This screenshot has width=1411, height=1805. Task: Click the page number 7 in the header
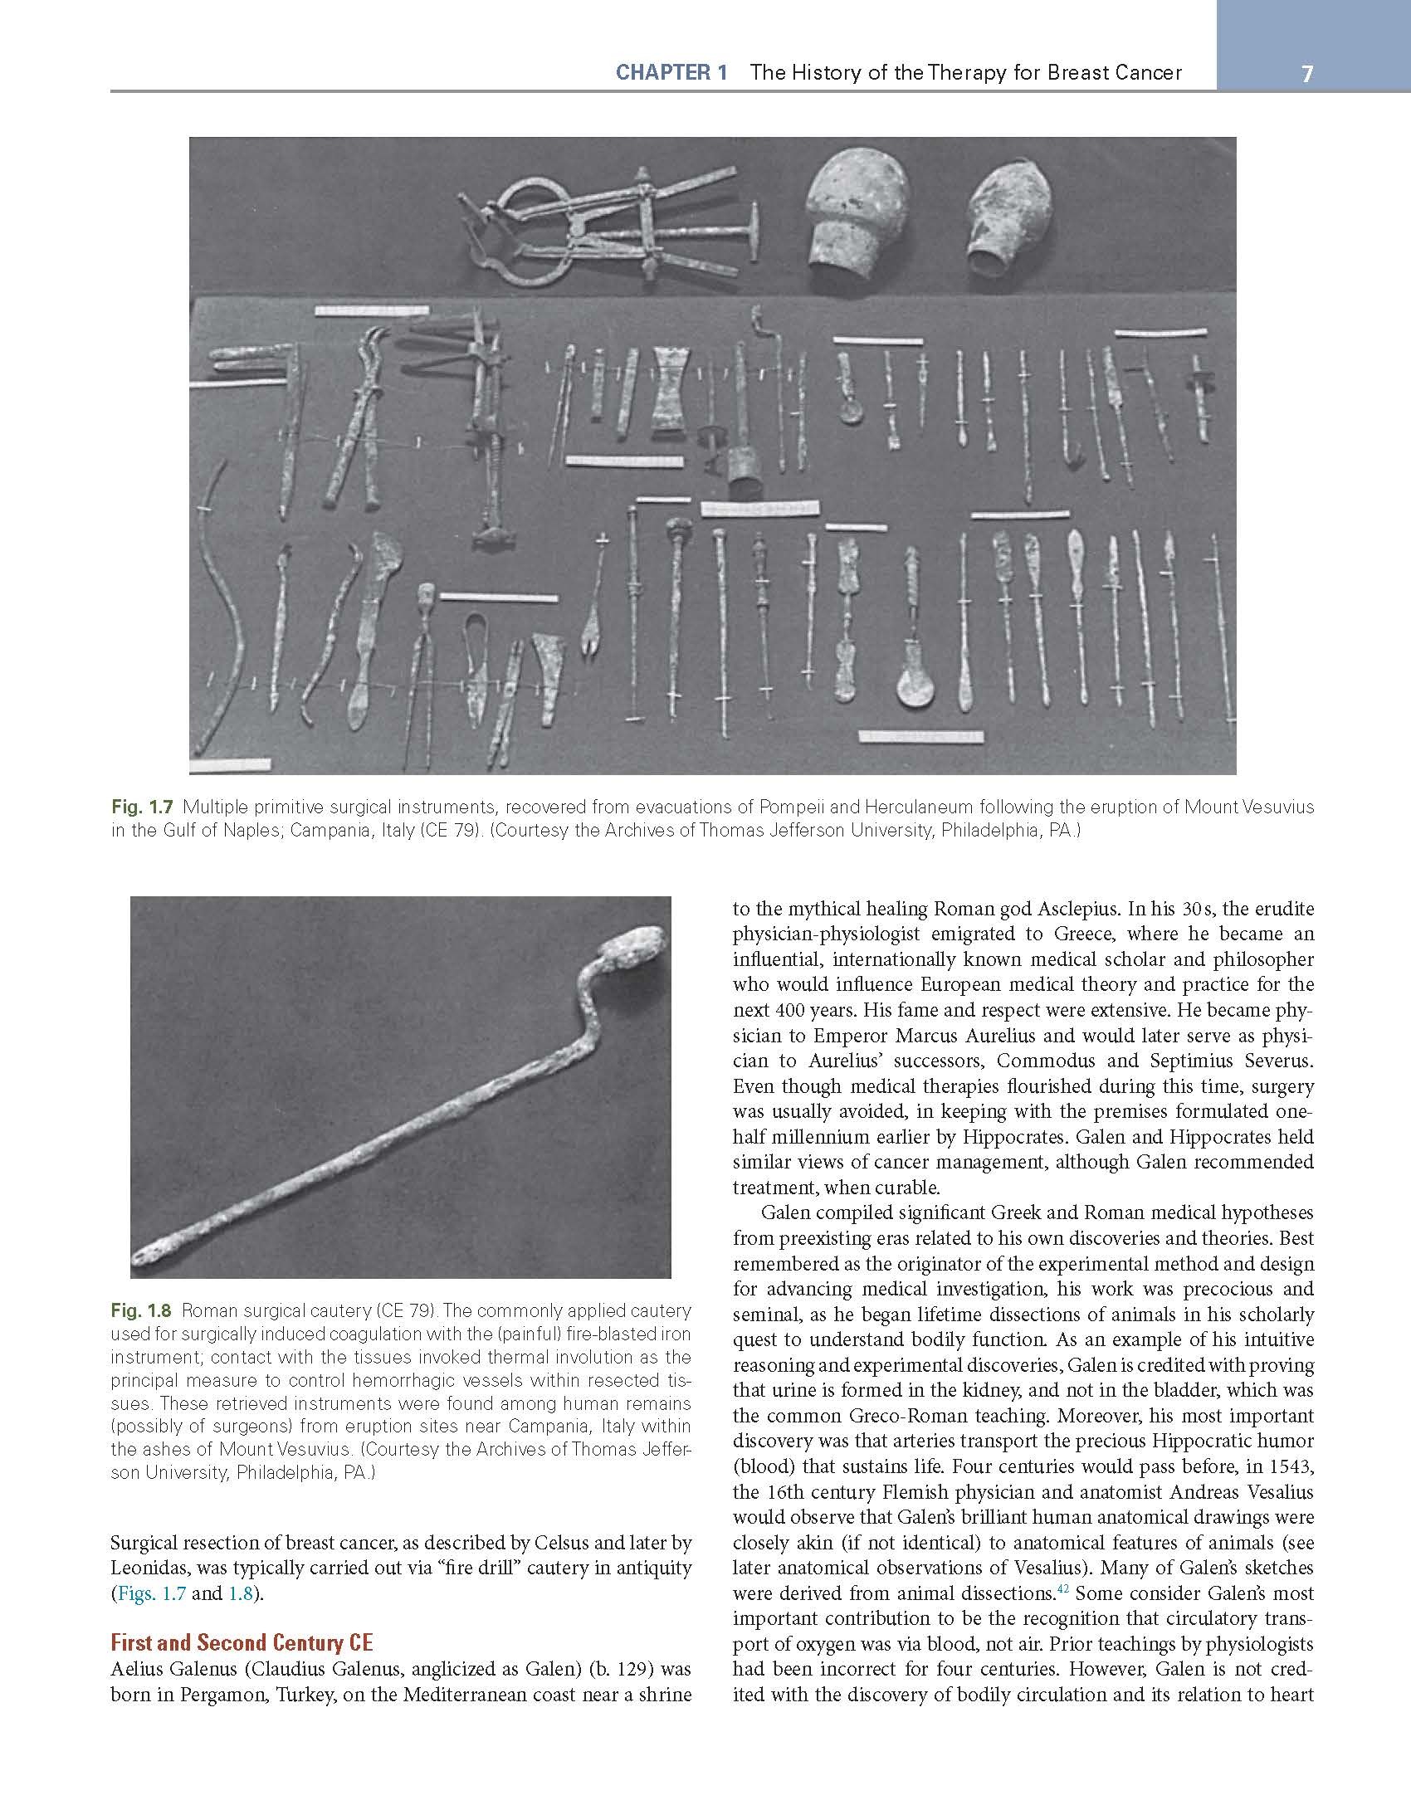pyautogui.click(x=1307, y=74)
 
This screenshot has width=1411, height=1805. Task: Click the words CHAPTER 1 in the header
pyautogui.click(x=671, y=72)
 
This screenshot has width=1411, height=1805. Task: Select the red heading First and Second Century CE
pyautogui.click(x=242, y=1642)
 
